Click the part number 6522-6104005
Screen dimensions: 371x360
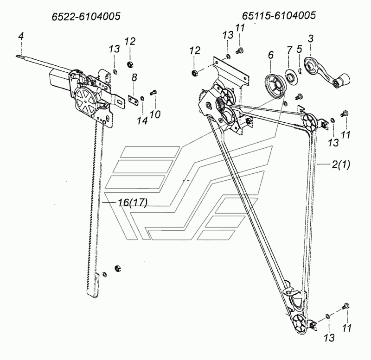86,17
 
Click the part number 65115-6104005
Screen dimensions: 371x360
279,16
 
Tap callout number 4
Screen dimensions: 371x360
21,36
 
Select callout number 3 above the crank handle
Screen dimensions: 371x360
310,38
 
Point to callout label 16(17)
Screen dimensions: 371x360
133,202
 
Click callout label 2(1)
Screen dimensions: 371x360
341,164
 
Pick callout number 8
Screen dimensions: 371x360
134,77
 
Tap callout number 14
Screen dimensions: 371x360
142,120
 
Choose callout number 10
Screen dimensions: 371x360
155,114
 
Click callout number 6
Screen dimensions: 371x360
271,55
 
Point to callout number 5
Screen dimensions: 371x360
299,49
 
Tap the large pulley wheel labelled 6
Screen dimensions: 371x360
276,86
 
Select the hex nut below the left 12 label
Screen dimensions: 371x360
130,64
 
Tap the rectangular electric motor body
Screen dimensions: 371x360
60,78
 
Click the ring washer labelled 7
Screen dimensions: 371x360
291,77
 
